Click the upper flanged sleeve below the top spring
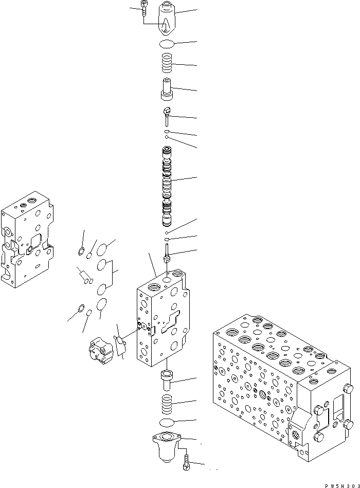pyautogui.click(x=167, y=88)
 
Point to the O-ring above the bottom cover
pyautogui.click(x=168, y=423)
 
